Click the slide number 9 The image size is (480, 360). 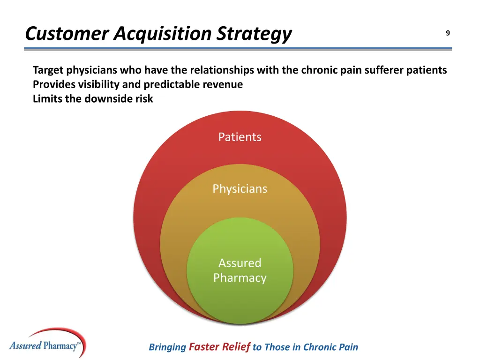click(448, 33)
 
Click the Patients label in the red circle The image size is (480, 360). click(240, 137)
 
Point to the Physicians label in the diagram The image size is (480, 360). click(240, 189)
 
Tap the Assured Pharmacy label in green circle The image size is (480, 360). click(240, 270)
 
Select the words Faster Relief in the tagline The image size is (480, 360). click(219, 347)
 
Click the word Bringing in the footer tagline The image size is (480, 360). click(167, 347)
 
